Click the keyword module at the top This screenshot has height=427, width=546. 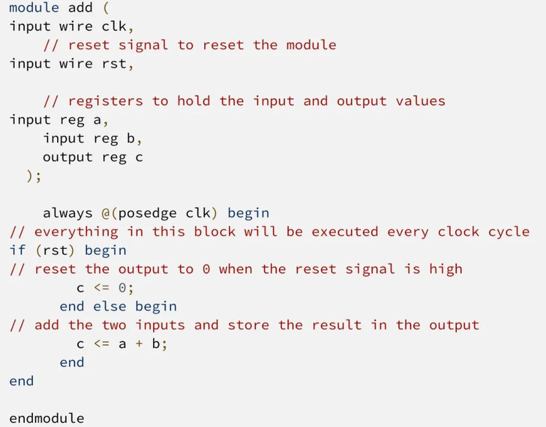34,8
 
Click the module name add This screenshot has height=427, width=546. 80,8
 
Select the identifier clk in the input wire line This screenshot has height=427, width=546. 114,27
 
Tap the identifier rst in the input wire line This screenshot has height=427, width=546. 114,63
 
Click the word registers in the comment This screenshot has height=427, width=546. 106,101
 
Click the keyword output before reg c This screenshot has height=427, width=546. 68,157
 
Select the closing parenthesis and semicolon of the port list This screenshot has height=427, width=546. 34,176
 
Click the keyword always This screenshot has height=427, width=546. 68,213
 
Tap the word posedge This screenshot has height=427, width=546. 148,213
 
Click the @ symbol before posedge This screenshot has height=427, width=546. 106,213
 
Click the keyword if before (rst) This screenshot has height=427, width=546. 18,250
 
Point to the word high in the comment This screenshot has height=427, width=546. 445,270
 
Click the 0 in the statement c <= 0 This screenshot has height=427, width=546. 122,288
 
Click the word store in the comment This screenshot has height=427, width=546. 248,325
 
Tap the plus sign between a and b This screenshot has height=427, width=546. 139,344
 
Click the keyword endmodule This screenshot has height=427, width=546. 47,418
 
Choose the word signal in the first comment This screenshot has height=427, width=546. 143,45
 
